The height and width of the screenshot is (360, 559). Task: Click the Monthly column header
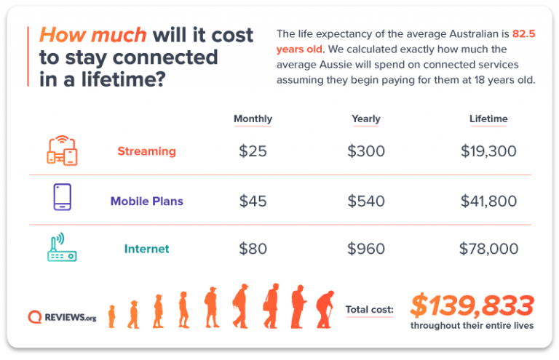(253, 119)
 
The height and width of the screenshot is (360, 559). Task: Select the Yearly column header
(365, 119)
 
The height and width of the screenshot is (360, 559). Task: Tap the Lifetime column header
(488, 119)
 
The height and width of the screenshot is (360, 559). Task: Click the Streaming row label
(146, 151)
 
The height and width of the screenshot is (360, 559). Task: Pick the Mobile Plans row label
(146, 201)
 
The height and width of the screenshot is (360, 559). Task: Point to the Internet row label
(146, 249)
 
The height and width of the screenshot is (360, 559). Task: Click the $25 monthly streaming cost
(253, 151)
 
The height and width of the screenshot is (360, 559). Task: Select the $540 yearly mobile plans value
(366, 201)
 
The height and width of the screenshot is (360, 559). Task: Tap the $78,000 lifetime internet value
(488, 249)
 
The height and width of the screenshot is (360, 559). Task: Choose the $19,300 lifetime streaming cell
(488, 151)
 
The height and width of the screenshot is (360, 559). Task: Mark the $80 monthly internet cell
(253, 249)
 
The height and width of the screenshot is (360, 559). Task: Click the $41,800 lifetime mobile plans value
(488, 201)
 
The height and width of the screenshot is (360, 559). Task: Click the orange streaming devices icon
(61, 151)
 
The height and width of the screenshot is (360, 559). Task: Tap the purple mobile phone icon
(62, 197)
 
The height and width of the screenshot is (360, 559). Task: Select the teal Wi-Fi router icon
(62, 247)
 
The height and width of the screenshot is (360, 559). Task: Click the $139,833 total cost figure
(472, 305)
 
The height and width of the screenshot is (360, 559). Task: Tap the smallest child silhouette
(112, 316)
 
